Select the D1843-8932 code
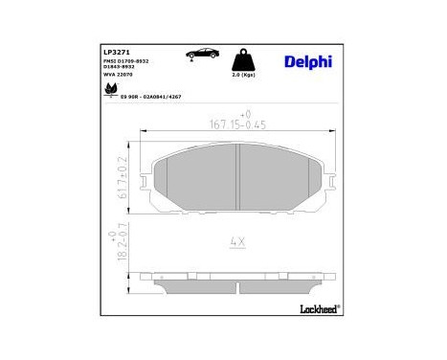pyautogui.click(x=128, y=68)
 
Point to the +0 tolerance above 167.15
pyautogui.click(x=244, y=112)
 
